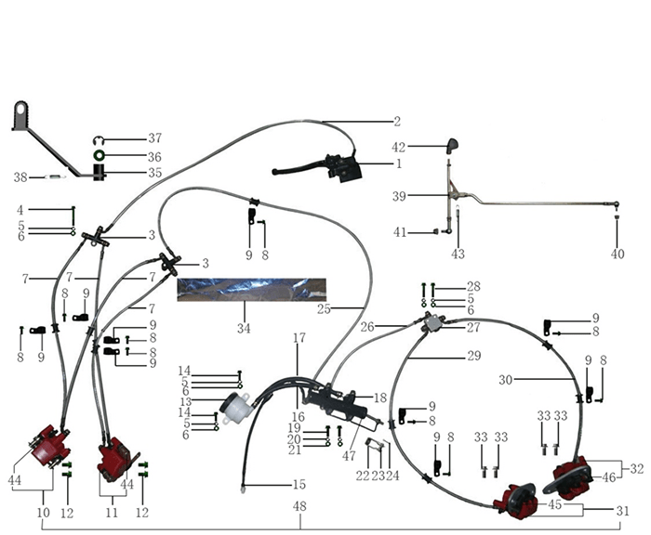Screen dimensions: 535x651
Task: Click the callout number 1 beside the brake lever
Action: pyautogui.click(x=398, y=164)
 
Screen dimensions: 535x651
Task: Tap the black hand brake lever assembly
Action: pyautogui.click(x=316, y=168)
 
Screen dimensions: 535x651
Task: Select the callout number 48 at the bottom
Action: pyautogui.click(x=299, y=507)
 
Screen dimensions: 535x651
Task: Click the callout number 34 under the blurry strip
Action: pyautogui.click(x=245, y=328)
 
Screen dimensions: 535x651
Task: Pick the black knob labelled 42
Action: pyautogui.click(x=452, y=145)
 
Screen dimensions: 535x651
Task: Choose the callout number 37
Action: pyautogui.click(x=154, y=138)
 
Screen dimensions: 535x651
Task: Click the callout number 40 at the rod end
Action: pyautogui.click(x=618, y=254)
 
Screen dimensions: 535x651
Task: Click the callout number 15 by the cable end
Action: pyautogui.click(x=299, y=484)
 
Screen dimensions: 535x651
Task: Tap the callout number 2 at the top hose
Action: pyautogui.click(x=396, y=122)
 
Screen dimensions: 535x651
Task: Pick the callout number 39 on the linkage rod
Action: pyautogui.click(x=399, y=196)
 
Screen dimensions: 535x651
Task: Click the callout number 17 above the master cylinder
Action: pyautogui.click(x=299, y=338)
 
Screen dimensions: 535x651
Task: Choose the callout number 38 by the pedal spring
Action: pyautogui.click(x=20, y=176)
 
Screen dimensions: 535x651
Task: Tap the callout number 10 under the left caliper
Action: pyautogui.click(x=44, y=513)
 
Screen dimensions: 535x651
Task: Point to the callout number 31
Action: pyautogui.click(x=622, y=510)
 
